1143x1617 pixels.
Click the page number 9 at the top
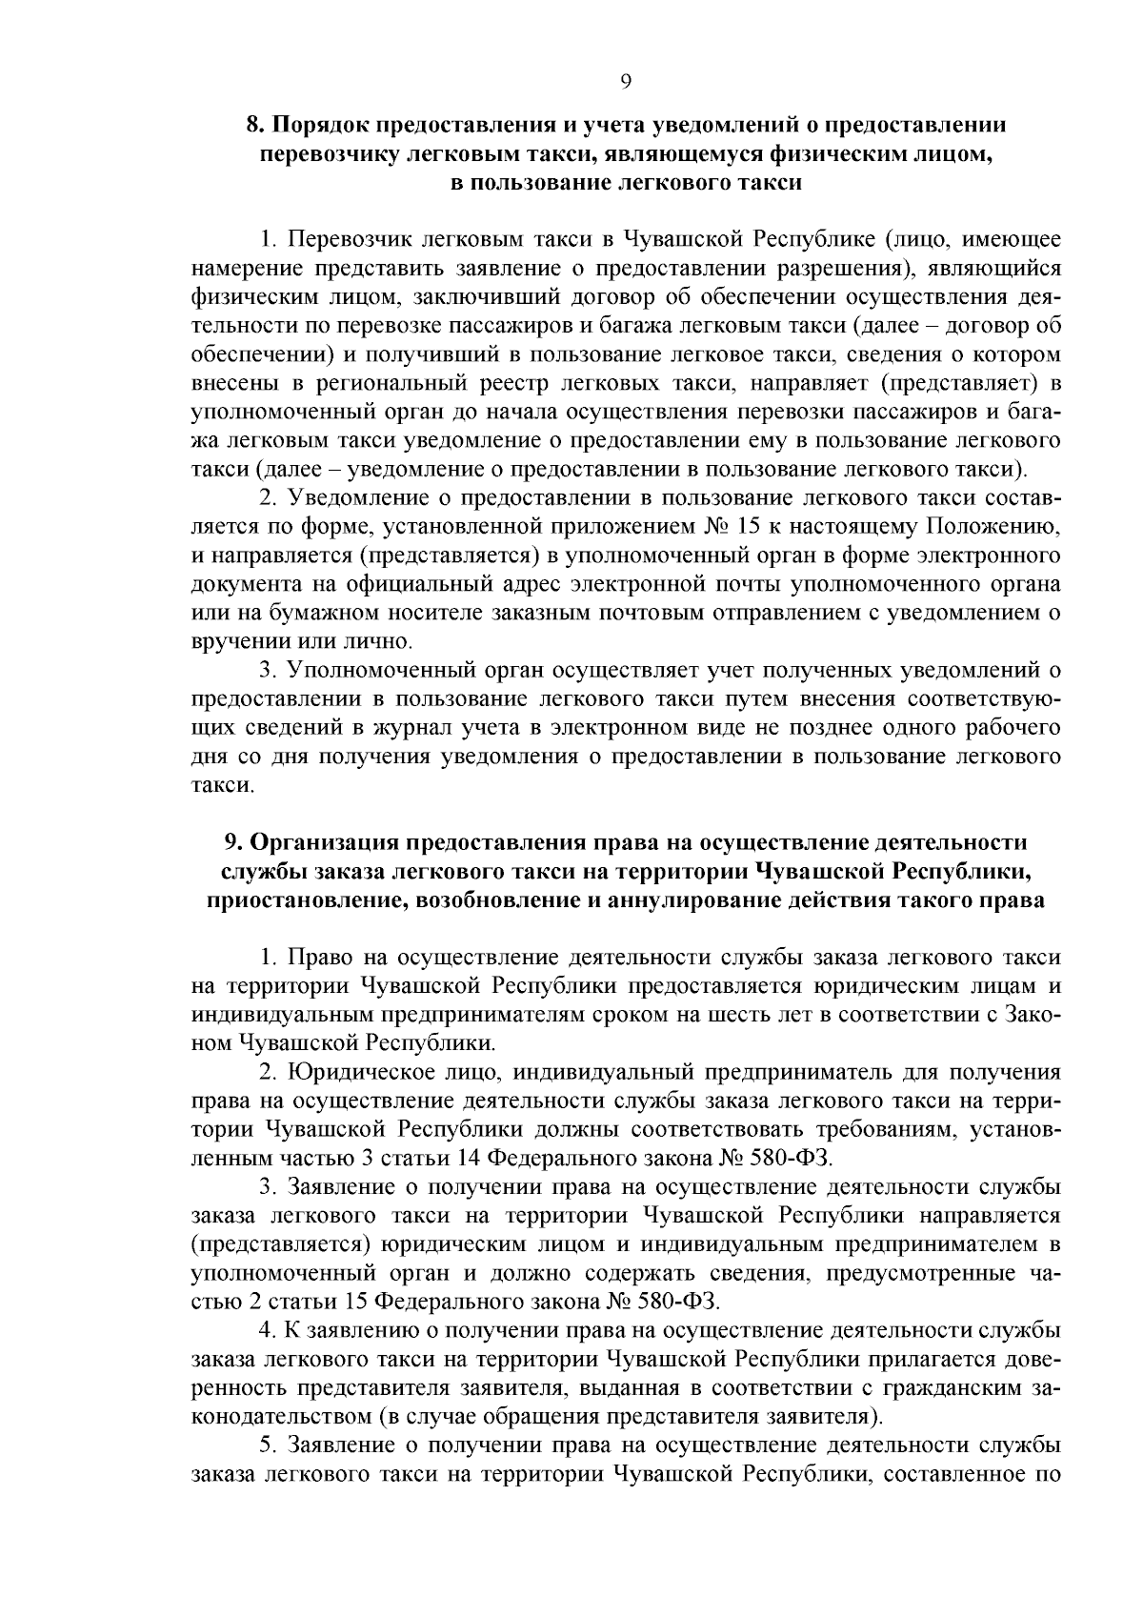[625, 82]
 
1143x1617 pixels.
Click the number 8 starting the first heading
[252, 125]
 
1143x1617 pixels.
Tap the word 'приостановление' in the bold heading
[294, 900]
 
